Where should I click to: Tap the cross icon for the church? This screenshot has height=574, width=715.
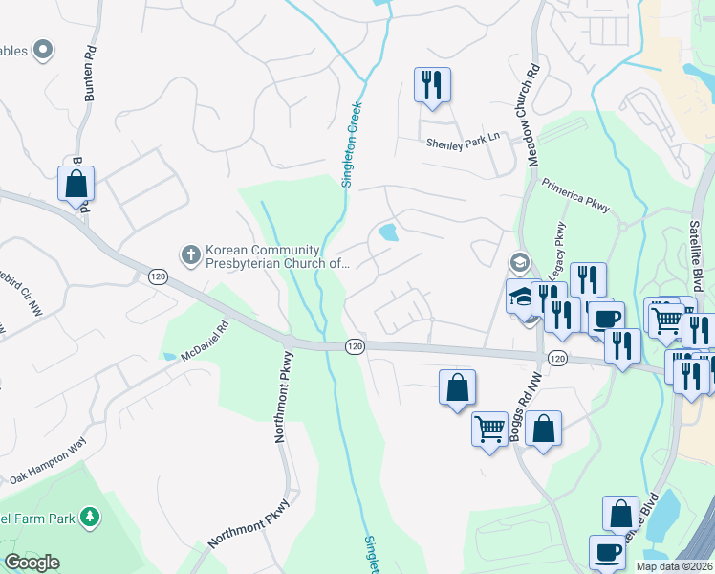tap(190, 255)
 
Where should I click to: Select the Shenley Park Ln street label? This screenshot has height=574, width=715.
tap(464, 139)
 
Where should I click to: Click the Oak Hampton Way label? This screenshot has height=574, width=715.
tap(47, 460)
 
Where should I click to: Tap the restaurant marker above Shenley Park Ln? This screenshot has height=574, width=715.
tap(432, 84)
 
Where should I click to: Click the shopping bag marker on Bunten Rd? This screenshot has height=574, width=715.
tap(76, 183)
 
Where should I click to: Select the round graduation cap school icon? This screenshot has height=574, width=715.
tap(519, 262)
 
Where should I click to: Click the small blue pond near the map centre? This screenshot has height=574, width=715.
tap(388, 232)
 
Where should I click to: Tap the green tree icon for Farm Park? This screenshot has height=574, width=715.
tap(91, 518)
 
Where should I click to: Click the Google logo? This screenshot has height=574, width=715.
tap(32, 563)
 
